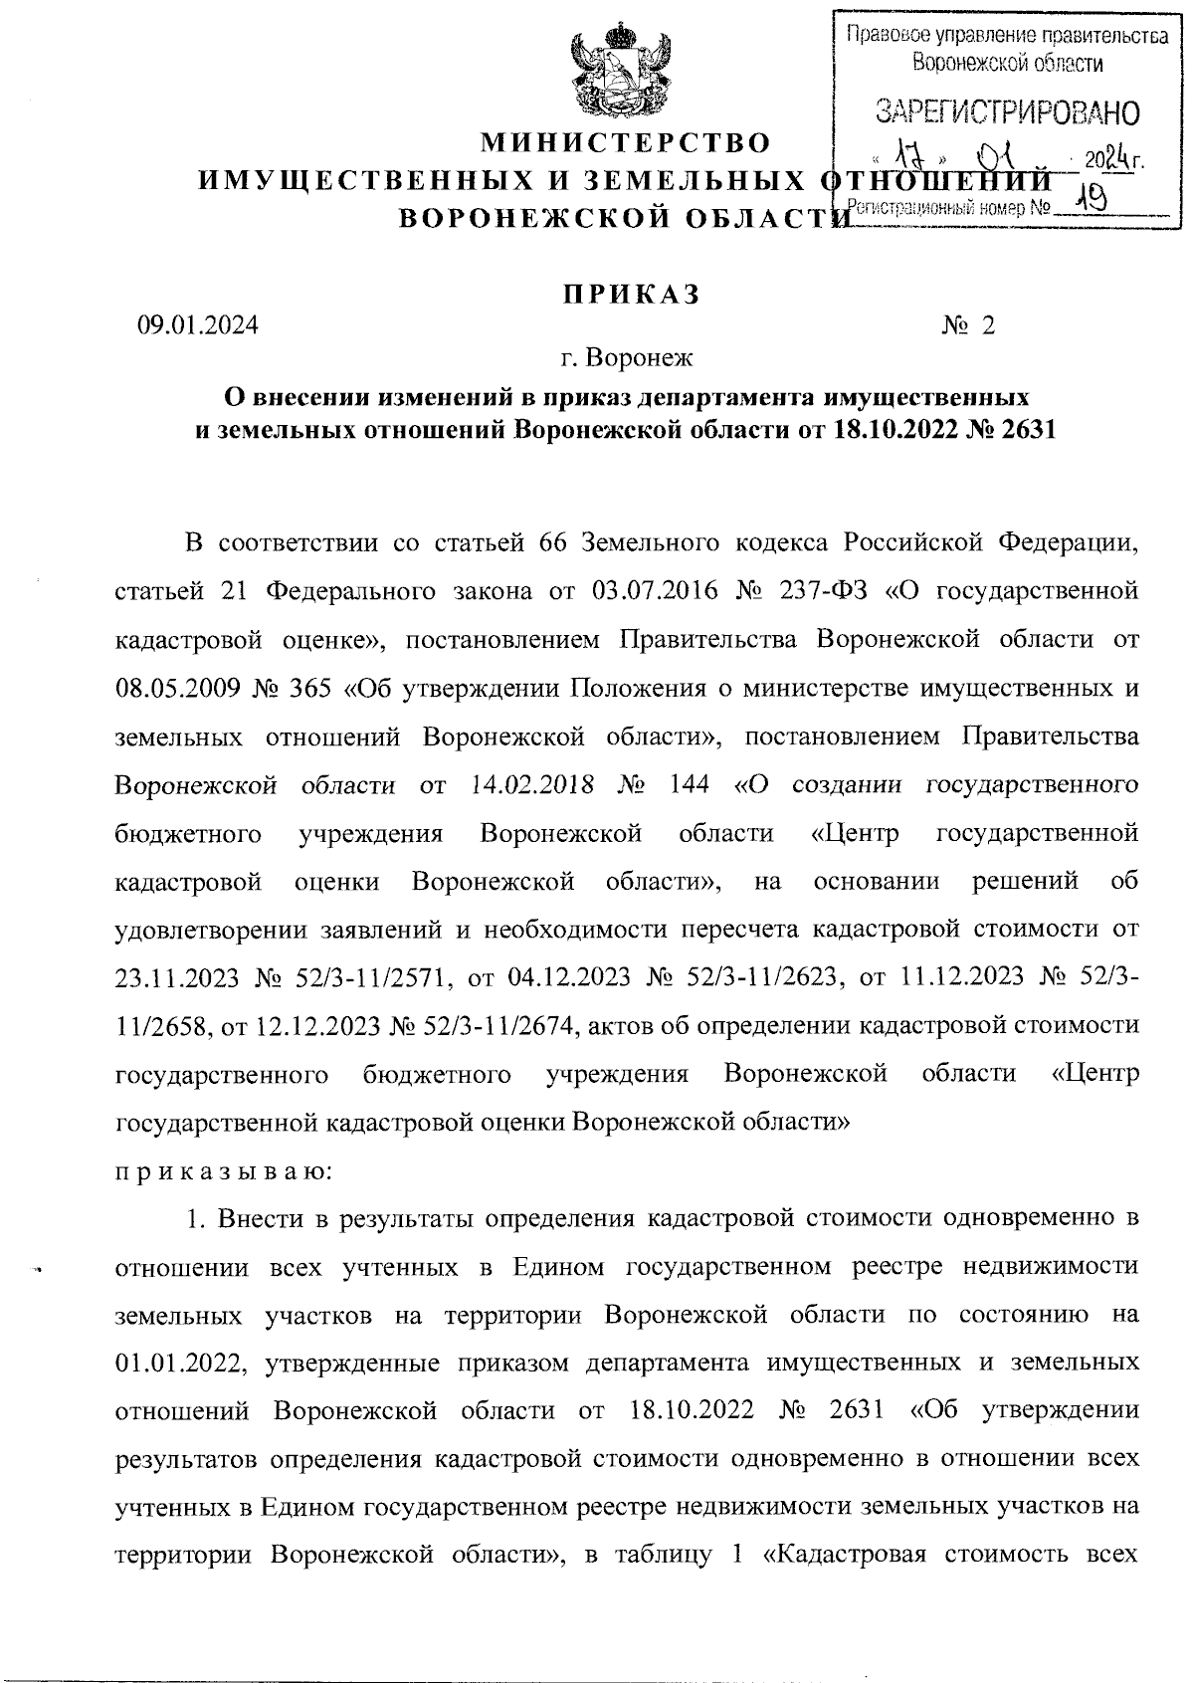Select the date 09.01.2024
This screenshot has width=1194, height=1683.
pos(197,325)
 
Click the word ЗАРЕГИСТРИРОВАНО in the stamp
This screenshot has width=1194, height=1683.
pos(1006,112)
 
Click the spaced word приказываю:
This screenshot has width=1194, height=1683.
pos(225,1170)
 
